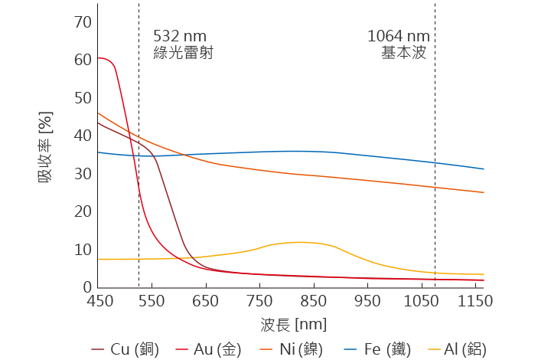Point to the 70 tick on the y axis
point(83,21)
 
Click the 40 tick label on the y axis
point(83,136)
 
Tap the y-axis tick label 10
point(83,250)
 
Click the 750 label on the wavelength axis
point(259,302)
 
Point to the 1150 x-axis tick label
point(475,302)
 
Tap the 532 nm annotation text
point(180,36)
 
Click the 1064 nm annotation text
point(398,36)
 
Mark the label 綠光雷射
point(183,53)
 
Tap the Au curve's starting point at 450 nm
point(98,58)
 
